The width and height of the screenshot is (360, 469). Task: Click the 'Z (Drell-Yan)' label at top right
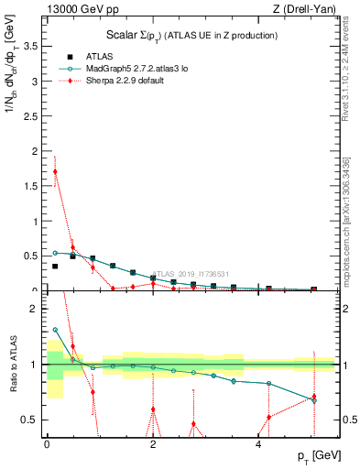[306, 9]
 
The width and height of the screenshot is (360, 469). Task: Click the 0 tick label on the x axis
[47, 444]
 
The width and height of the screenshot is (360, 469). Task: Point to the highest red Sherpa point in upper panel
[55, 171]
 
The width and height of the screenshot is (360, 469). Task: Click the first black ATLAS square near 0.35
[55, 267]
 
